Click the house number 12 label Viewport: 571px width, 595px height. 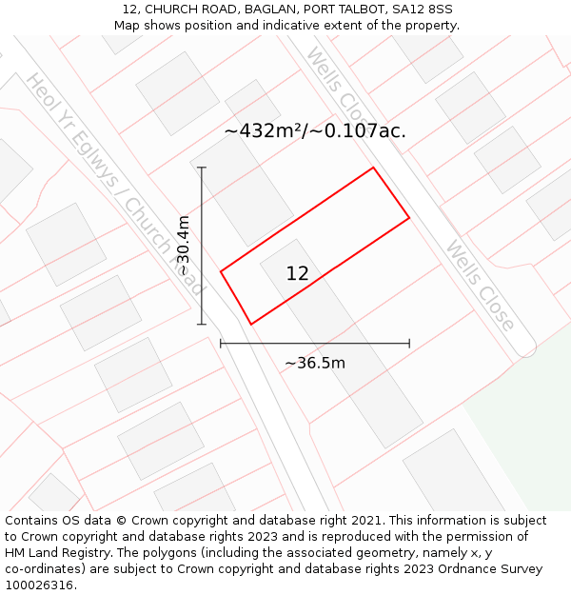tap(297, 274)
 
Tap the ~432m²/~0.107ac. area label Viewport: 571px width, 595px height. tap(315, 131)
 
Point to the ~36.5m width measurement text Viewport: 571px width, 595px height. tap(314, 363)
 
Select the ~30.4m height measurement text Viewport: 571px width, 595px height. tap(184, 246)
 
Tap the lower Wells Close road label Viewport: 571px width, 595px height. tap(480, 285)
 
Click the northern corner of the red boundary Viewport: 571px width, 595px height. tap(372, 169)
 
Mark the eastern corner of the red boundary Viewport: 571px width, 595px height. tap(409, 218)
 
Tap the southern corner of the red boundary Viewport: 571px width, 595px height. tap(251, 325)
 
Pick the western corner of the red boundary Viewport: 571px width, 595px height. tap(221, 272)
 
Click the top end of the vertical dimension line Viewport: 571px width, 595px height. tap(202, 168)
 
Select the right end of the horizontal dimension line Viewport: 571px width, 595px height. tap(409, 343)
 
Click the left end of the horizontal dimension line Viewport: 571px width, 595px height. tap(221, 343)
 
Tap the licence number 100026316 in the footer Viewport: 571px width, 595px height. tap(39, 585)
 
